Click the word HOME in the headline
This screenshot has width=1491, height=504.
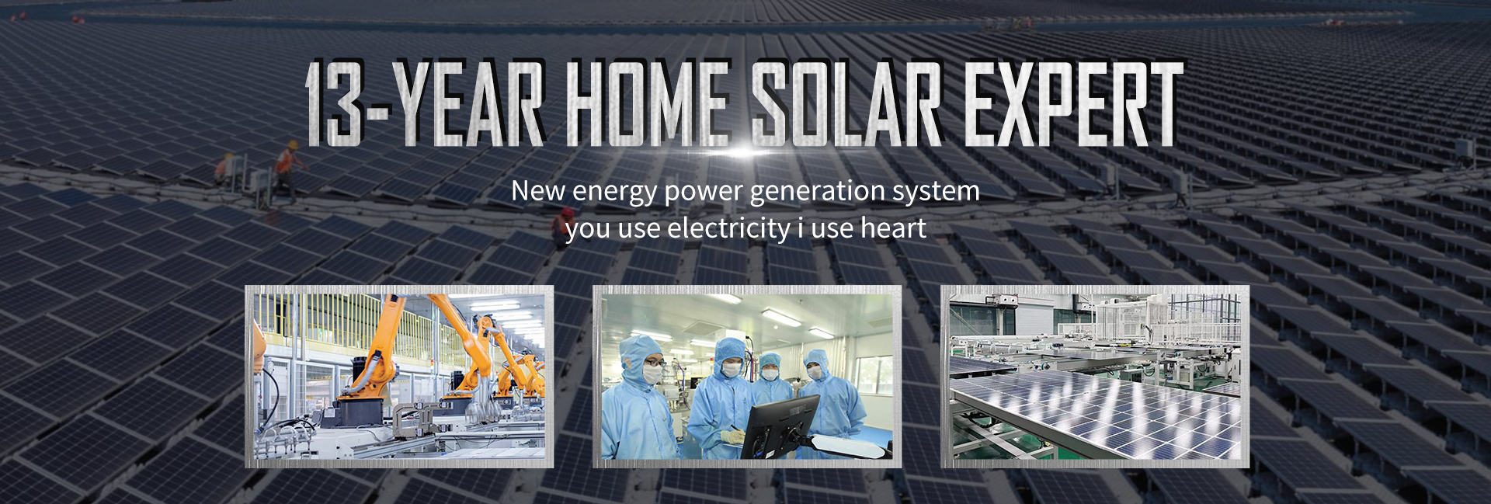[649, 104]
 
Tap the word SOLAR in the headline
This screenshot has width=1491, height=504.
[847, 104]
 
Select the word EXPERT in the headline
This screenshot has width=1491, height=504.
[1073, 104]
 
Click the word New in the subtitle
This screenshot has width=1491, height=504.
[538, 190]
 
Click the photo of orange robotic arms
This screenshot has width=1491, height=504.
[399, 376]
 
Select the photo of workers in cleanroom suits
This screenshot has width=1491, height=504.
[747, 376]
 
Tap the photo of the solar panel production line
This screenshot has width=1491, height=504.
[1095, 376]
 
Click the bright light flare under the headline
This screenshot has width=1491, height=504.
[744, 152]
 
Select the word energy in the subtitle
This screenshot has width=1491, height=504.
[614, 192]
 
